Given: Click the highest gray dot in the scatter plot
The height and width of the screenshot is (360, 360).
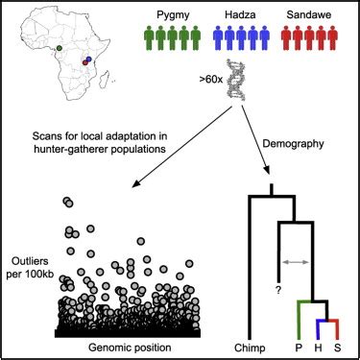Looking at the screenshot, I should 67,201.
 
